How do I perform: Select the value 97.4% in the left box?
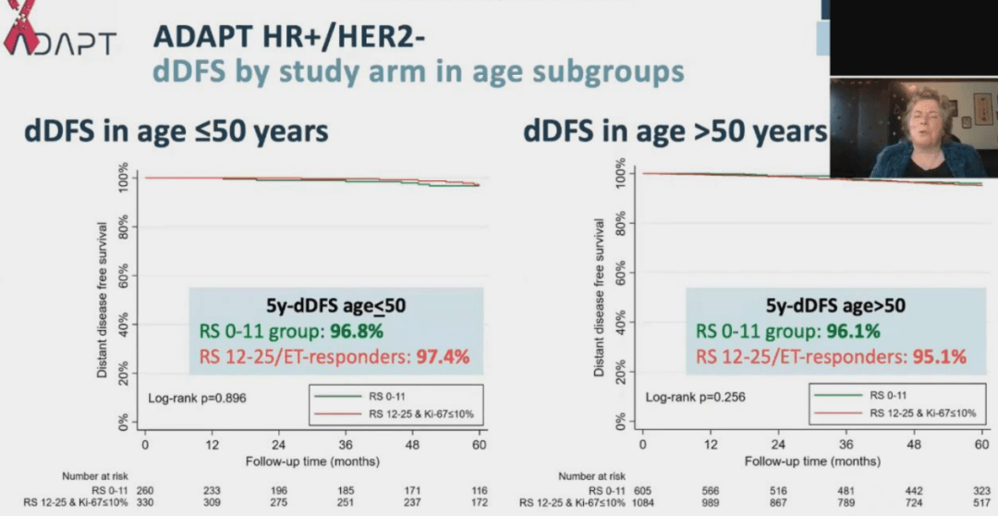click(x=440, y=356)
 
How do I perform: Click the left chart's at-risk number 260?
click(x=145, y=489)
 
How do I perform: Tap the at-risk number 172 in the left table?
click(x=478, y=503)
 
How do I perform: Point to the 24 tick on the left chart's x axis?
click(x=278, y=445)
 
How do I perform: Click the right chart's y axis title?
click(x=600, y=298)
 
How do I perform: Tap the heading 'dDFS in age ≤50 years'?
click(x=176, y=132)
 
